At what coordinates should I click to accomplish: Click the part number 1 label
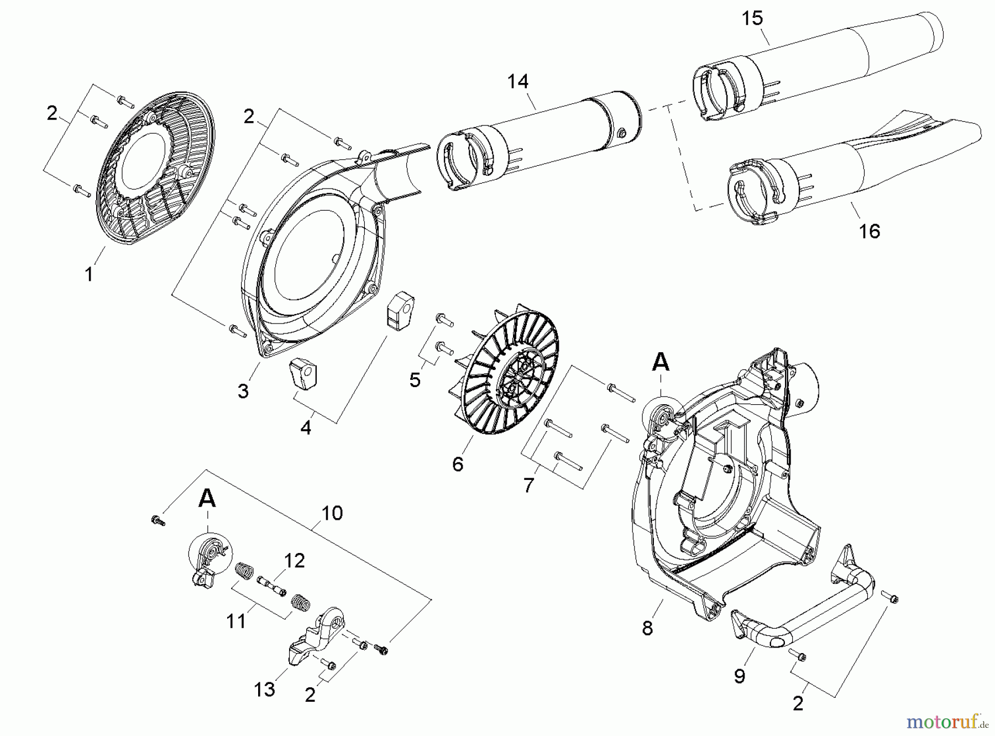click(x=89, y=274)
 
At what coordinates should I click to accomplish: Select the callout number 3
click(x=243, y=391)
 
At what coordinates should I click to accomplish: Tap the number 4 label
click(x=306, y=427)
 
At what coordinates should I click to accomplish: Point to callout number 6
click(x=458, y=464)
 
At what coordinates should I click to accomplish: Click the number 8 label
click(x=647, y=628)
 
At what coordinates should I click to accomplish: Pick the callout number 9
click(x=740, y=675)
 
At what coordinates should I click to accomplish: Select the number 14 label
click(x=518, y=81)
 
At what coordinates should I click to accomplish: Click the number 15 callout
click(x=752, y=18)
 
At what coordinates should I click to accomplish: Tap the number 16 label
click(x=869, y=231)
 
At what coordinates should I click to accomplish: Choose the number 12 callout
click(x=294, y=560)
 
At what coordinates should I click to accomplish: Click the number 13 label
click(x=265, y=689)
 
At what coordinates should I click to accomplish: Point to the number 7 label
click(x=528, y=485)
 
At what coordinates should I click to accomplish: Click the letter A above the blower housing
click(x=661, y=363)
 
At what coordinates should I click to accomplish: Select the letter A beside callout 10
click(x=207, y=499)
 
